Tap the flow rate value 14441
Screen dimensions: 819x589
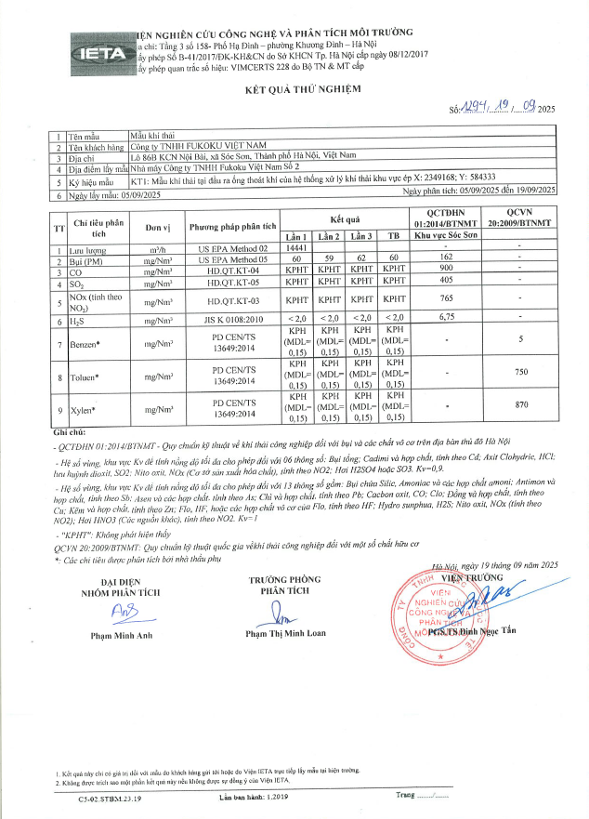pyautogui.click(x=296, y=248)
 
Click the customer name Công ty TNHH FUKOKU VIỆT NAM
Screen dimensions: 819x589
pyautogui.click(x=198, y=146)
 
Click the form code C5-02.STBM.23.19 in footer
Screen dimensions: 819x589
pyautogui.click(x=112, y=797)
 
